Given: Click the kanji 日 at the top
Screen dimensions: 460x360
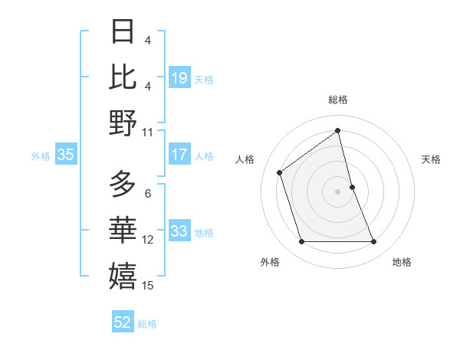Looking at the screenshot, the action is click(123, 31).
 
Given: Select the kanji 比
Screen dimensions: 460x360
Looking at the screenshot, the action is click(123, 77).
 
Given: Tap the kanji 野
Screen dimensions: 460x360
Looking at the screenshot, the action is click(123, 123).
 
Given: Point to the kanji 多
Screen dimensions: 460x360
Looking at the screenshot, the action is click(123, 184).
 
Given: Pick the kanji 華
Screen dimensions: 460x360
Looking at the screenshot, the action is click(123, 229).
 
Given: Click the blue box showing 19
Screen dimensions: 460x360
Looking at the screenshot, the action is click(179, 77).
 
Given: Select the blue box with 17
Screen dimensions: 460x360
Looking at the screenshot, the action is click(179, 155).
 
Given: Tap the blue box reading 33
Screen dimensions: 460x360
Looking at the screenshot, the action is click(179, 231).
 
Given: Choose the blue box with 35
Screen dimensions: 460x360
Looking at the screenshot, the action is click(65, 155).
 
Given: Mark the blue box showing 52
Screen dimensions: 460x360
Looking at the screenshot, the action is click(123, 322).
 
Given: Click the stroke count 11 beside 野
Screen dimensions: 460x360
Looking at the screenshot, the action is click(148, 133).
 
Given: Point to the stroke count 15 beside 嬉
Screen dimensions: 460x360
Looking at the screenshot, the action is click(148, 286).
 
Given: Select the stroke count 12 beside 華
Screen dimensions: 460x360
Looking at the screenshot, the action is click(148, 240).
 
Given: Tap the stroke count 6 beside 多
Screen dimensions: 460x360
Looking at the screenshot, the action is click(148, 194).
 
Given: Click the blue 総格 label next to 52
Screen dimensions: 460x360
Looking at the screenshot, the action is click(147, 324).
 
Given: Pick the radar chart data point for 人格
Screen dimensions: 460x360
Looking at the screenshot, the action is click(280, 172).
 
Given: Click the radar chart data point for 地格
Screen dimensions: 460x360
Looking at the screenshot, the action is click(374, 242).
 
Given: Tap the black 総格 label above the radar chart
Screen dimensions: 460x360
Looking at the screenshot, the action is click(338, 100).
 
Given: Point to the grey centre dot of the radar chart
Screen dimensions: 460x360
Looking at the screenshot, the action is click(338, 191).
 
